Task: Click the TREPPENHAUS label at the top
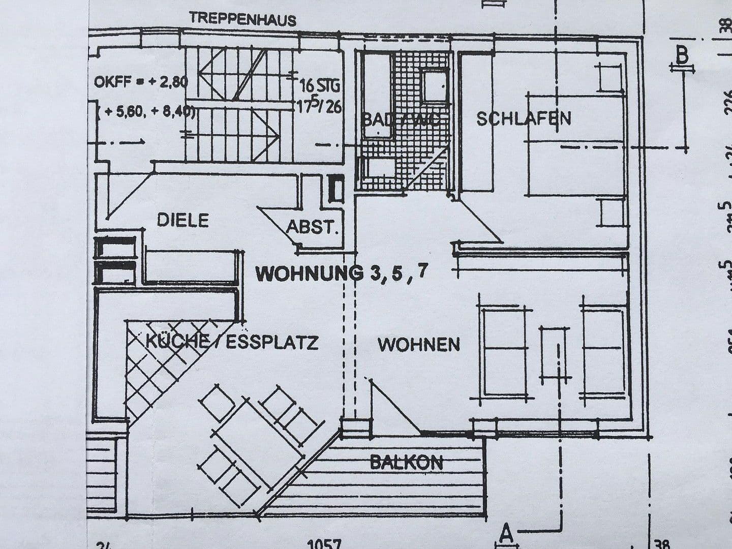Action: click(243, 19)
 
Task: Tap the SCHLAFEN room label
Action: click(524, 119)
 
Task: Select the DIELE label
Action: click(183, 220)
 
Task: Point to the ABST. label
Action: click(313, 227)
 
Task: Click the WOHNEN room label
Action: click(418, 344)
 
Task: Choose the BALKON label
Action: click(406, 462)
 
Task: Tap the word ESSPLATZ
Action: click(272, 342)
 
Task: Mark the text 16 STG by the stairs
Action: click(320, 84)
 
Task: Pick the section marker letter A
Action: click(506, 533)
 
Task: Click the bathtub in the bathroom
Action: click(376, 94)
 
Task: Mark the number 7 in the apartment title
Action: click(421, 271)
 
